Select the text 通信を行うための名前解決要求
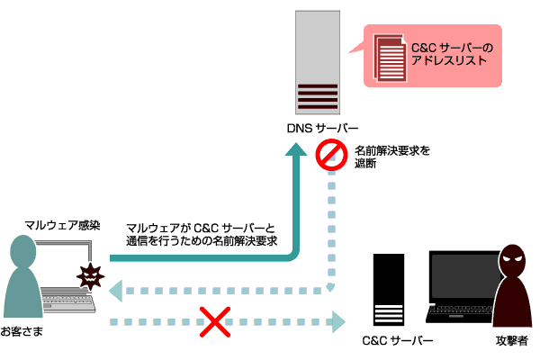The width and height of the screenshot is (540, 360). (x=202, y=241)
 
